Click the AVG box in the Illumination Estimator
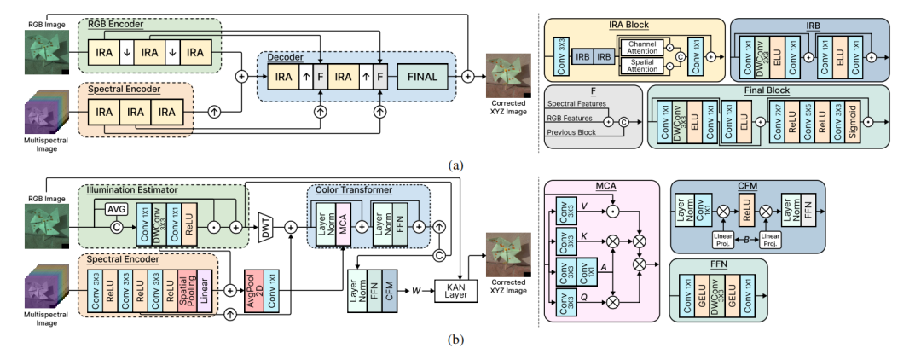[117, 209]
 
